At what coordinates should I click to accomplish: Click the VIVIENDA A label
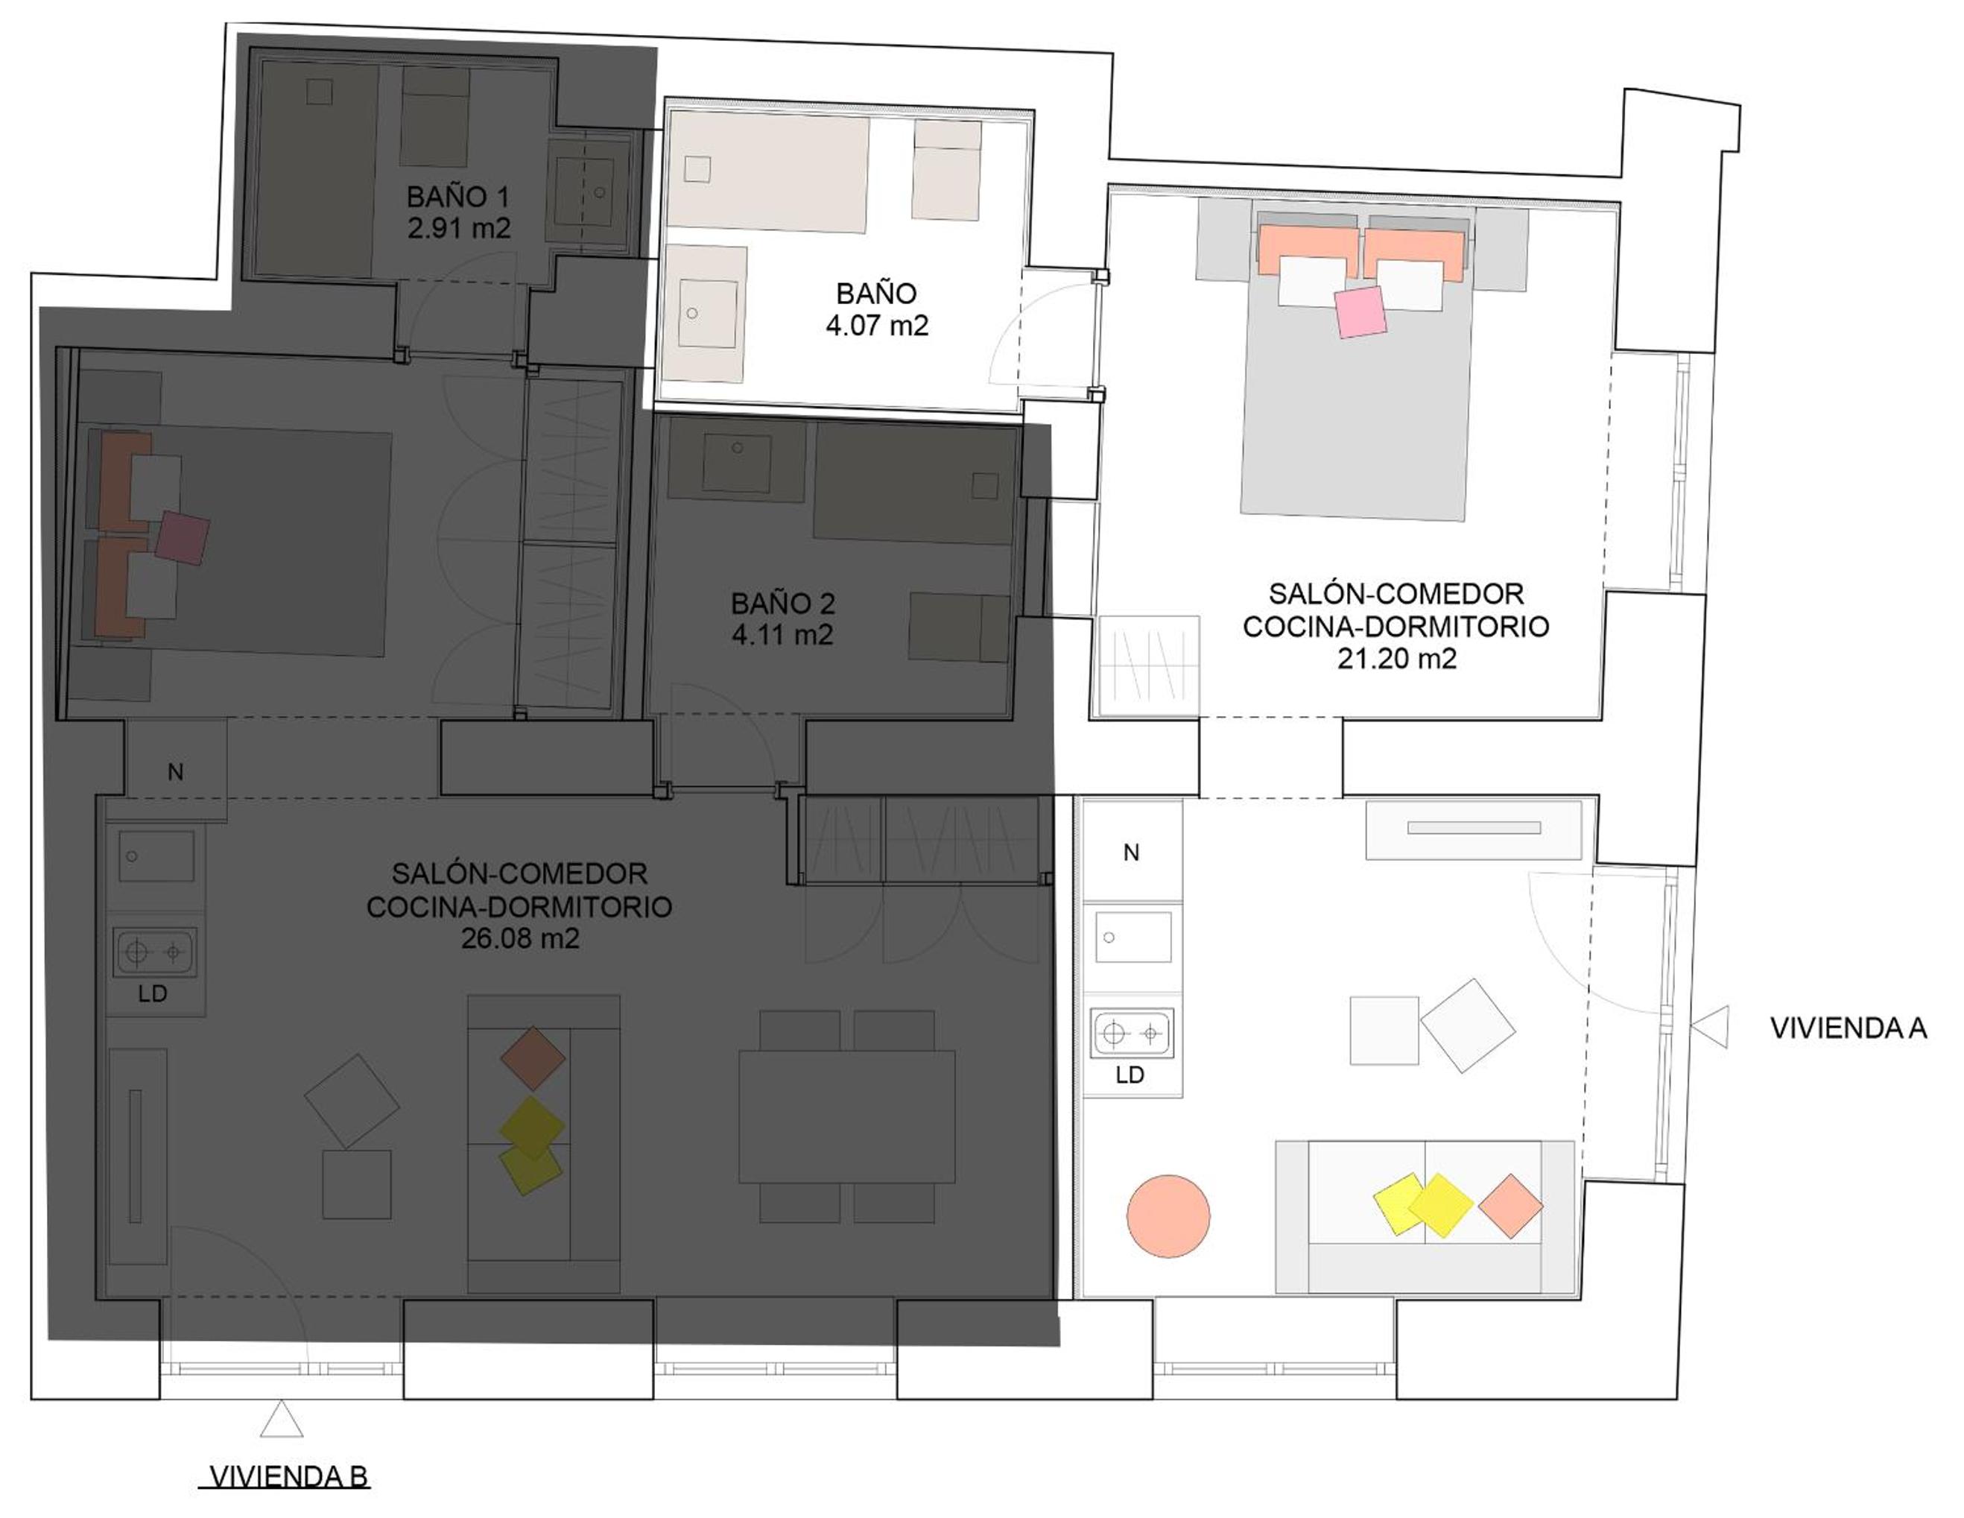[1848, 1028]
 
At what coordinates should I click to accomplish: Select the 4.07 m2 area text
[877, 326]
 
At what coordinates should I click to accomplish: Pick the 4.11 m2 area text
[782, 635]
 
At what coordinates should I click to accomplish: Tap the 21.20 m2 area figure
[1396, 658]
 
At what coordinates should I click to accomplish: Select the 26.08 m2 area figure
[520, 938]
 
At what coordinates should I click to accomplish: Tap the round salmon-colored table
[1168, 1216]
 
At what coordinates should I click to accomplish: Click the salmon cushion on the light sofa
[1511, 1206]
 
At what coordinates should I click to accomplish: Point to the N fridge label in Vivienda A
[1131, 853]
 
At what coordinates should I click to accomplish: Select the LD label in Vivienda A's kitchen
[1130, 1075]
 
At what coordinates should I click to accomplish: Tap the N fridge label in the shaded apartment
[177, 771]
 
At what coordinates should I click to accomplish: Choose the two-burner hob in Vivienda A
[1133, 1034]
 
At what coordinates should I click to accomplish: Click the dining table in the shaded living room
[847, 1117]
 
